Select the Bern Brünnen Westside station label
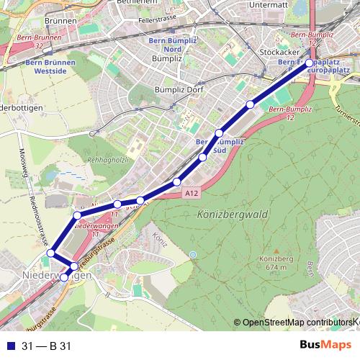(50, 67)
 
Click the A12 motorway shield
(191, 193)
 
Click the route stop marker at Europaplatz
(310, 63)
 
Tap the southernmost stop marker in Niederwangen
(64, 277)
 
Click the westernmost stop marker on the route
(50, 253)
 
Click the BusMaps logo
(323, 346)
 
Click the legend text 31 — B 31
(47, 346)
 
